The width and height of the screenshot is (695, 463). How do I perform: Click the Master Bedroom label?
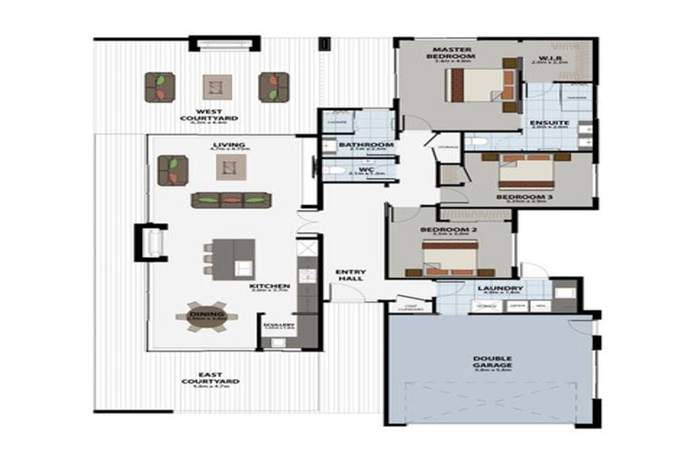(x=453, y=52)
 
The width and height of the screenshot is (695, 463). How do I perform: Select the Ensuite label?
(x=548, y=122)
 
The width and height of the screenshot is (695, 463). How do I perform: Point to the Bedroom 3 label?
(x=524, y=196)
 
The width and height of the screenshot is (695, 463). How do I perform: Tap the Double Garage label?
(x=491, y=362)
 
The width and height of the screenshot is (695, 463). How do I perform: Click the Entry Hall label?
(x=348, y=275)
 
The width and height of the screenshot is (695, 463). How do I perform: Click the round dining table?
(x=206, y=317)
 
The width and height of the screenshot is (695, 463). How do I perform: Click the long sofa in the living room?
(x=230, y=199)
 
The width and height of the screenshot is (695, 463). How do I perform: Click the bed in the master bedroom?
(x=480, y=86)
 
